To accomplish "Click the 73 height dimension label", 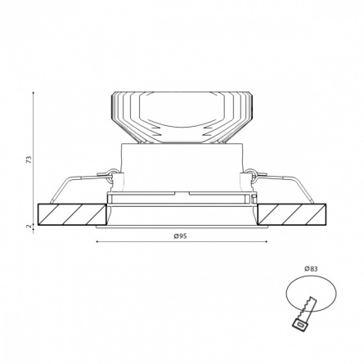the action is point(29,160).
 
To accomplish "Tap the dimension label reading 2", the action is point(29,227).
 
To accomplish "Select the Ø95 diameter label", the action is point(180,236).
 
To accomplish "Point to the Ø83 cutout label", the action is point(311,269).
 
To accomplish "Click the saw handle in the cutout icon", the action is point(300,325).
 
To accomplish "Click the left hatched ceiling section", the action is point(72,214).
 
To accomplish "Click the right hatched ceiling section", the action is point(292,214).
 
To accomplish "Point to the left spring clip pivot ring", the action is point(112,173).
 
